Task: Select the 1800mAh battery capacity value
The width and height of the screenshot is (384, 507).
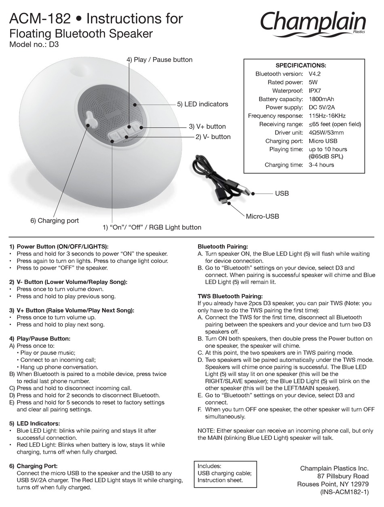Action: (x=321, y=99)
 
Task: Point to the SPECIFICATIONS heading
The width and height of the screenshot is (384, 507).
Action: (x=301, y=65)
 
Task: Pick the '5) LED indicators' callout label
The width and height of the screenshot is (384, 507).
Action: (x=203, y=104)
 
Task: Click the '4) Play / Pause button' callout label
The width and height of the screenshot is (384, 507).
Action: (x=159, y=60)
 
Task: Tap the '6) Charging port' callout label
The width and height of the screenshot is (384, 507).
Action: (x=55, y=221)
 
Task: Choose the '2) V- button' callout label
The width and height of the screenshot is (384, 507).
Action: (x=213, y=137)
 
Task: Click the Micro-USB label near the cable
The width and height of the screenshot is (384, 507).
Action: (x=262, y=216)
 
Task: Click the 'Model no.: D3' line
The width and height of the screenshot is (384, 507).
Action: (x=34, y=45)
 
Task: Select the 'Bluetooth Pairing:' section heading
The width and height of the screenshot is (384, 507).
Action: (x=223, y=247)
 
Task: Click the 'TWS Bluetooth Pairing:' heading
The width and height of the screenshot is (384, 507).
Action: (x=230, y=296)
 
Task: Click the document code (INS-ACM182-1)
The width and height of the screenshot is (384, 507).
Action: (x=344, y=492)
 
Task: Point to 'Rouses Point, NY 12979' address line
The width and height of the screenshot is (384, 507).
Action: (x=333, y=484)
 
